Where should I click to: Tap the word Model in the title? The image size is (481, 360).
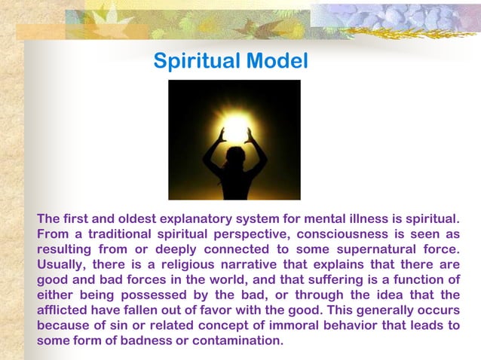[x=280, y=61]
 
